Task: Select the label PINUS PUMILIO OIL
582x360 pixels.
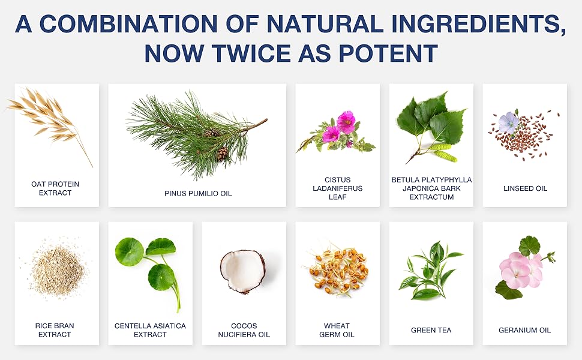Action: [x=198, y=193]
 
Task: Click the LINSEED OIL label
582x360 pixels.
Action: [x=525, y=188]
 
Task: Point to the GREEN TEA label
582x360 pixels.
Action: [x=431, y=331]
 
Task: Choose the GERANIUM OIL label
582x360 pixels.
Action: [x=524, y=331]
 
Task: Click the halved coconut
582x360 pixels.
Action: [x=243, y=271]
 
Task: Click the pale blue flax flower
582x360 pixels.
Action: [x=509, y=122]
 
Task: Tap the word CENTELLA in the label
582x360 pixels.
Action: [x=132, y=326]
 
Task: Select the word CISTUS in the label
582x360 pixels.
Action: [x=337, y=180]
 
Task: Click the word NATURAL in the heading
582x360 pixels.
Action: [x=325, y=24]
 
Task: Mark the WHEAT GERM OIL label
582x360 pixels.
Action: [x=337, y=331]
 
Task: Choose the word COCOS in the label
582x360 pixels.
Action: [x=244, y=326]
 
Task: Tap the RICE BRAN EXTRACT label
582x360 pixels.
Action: [x=55, y=331]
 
